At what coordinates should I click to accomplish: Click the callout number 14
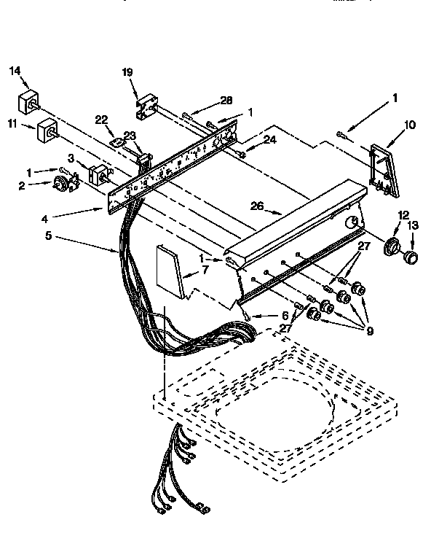(15, 71)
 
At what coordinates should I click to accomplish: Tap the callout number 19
(127, 71)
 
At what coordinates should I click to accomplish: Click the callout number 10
(410, 125)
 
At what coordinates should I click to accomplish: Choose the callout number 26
(256, 206)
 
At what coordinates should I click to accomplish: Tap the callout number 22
(101, 120)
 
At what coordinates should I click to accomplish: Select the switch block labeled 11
(47, 131)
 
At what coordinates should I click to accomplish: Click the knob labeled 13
(411, 256)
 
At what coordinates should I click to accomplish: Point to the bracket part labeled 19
(149, 105)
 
